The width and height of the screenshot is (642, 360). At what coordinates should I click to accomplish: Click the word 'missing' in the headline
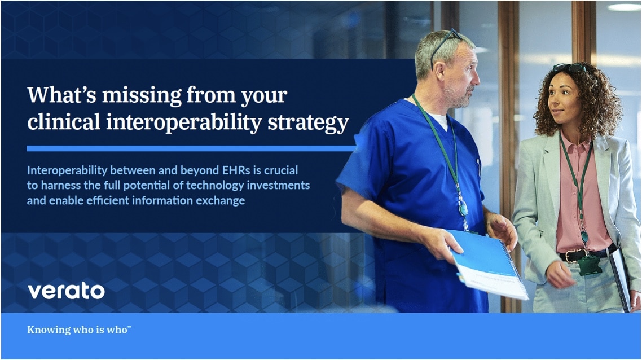pyautogui.click(x=142, y=95)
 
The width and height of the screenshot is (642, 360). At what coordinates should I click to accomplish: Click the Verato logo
pyautogui.click(x=66, y=291)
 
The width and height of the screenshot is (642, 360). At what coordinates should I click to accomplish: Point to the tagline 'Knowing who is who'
pyautogui.click(x=79, y=330)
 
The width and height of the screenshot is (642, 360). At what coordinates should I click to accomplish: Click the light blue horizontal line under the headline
pyautogui.click(x=191, y=148)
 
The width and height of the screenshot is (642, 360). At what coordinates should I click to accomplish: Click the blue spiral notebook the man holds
pyautogui.click(x=487, y=263)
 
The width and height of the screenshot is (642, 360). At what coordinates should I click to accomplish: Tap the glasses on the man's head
pyautogui.click(x=444, y=45)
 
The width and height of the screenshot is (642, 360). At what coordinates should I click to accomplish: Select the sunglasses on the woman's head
pyautogui.click(x=570, y=68)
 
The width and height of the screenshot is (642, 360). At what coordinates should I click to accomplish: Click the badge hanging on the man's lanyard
pyautogui.click(x=463, y=208)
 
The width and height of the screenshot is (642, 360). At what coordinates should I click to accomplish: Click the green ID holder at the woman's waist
pyautogui.click(x=589, y=265)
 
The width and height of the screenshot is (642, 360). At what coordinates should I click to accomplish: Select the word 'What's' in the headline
pyautogui.click(x=62, y=95)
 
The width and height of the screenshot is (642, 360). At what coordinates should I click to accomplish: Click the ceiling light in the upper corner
pyautogui.click(x=624, y=7)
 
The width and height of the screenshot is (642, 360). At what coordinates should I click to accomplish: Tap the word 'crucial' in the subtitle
pyautogui.click(x=282, y=170)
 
